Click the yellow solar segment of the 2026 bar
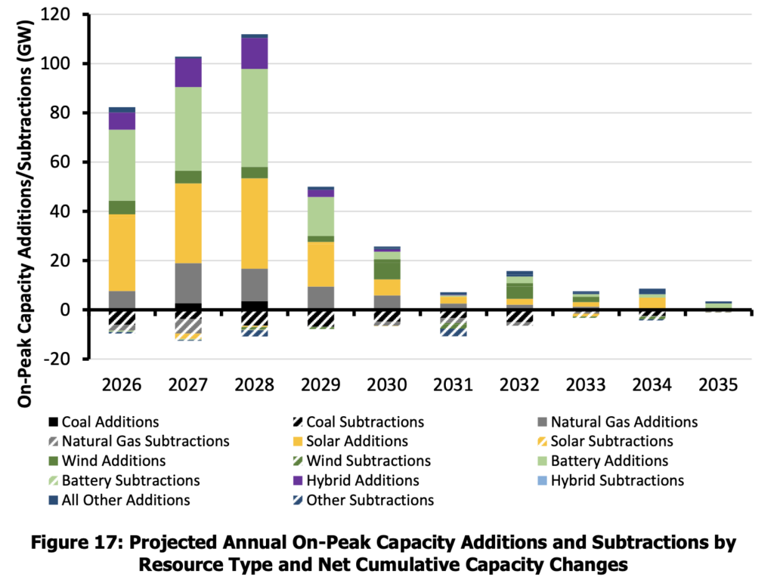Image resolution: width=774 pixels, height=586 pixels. [122, 252]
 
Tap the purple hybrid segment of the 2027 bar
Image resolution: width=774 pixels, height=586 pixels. [188, 72]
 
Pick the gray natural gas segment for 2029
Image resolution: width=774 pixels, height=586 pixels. [321, 298]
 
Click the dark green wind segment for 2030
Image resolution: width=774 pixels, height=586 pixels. [388, 269]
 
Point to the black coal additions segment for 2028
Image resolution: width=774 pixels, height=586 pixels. [255, 305]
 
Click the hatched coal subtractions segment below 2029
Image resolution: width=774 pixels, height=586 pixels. [321, 318]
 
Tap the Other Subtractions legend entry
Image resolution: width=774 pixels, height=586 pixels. [361, 500]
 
